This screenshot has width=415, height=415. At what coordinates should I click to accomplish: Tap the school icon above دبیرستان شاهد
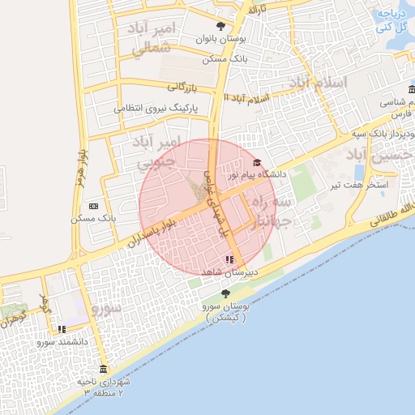(x=230, y=259)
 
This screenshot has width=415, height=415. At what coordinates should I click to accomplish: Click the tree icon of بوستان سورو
(x=225, y=293)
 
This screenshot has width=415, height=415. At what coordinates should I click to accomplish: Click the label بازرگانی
(x=183, y=86)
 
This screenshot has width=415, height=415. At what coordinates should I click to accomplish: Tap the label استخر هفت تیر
(x=358, y=186)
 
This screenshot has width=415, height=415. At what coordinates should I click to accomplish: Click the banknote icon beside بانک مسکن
(x=94, y=207)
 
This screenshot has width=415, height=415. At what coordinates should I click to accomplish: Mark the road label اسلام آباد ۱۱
(x=246, y=98)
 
